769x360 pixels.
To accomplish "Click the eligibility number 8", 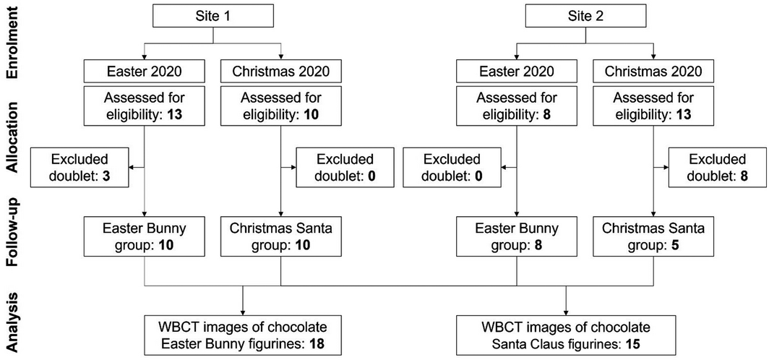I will coord(538,114).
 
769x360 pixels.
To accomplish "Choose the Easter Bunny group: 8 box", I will coord(516,236).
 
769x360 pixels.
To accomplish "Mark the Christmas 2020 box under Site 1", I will coord(281,72).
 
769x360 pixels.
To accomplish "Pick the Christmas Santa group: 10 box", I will coord(281,236).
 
